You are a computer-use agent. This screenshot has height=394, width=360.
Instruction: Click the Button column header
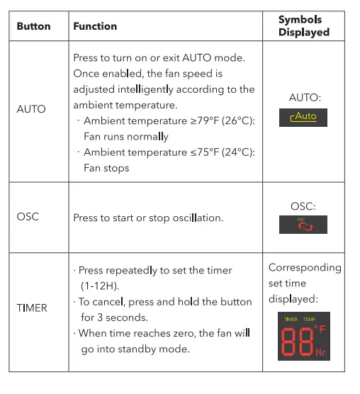pos(33,26)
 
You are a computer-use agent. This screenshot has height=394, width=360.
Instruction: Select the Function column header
pos(95,26)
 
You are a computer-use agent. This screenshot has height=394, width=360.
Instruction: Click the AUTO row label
pos(30,109)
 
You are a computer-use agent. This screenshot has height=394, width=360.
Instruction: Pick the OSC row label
pos(28,217)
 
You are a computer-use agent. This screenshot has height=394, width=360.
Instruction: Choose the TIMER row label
pos(32,308)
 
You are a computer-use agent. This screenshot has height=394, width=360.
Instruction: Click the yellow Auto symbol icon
pos(303,118)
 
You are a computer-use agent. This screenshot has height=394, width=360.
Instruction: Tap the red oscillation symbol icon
pos(303,225)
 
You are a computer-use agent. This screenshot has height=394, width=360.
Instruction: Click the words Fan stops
pos(106,168)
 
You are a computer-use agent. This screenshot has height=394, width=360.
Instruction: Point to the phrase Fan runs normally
pos(126,137)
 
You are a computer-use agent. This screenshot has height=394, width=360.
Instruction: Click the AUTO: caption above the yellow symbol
pos(304,98)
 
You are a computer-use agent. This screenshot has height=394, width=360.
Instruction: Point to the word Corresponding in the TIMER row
pos(305,268)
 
